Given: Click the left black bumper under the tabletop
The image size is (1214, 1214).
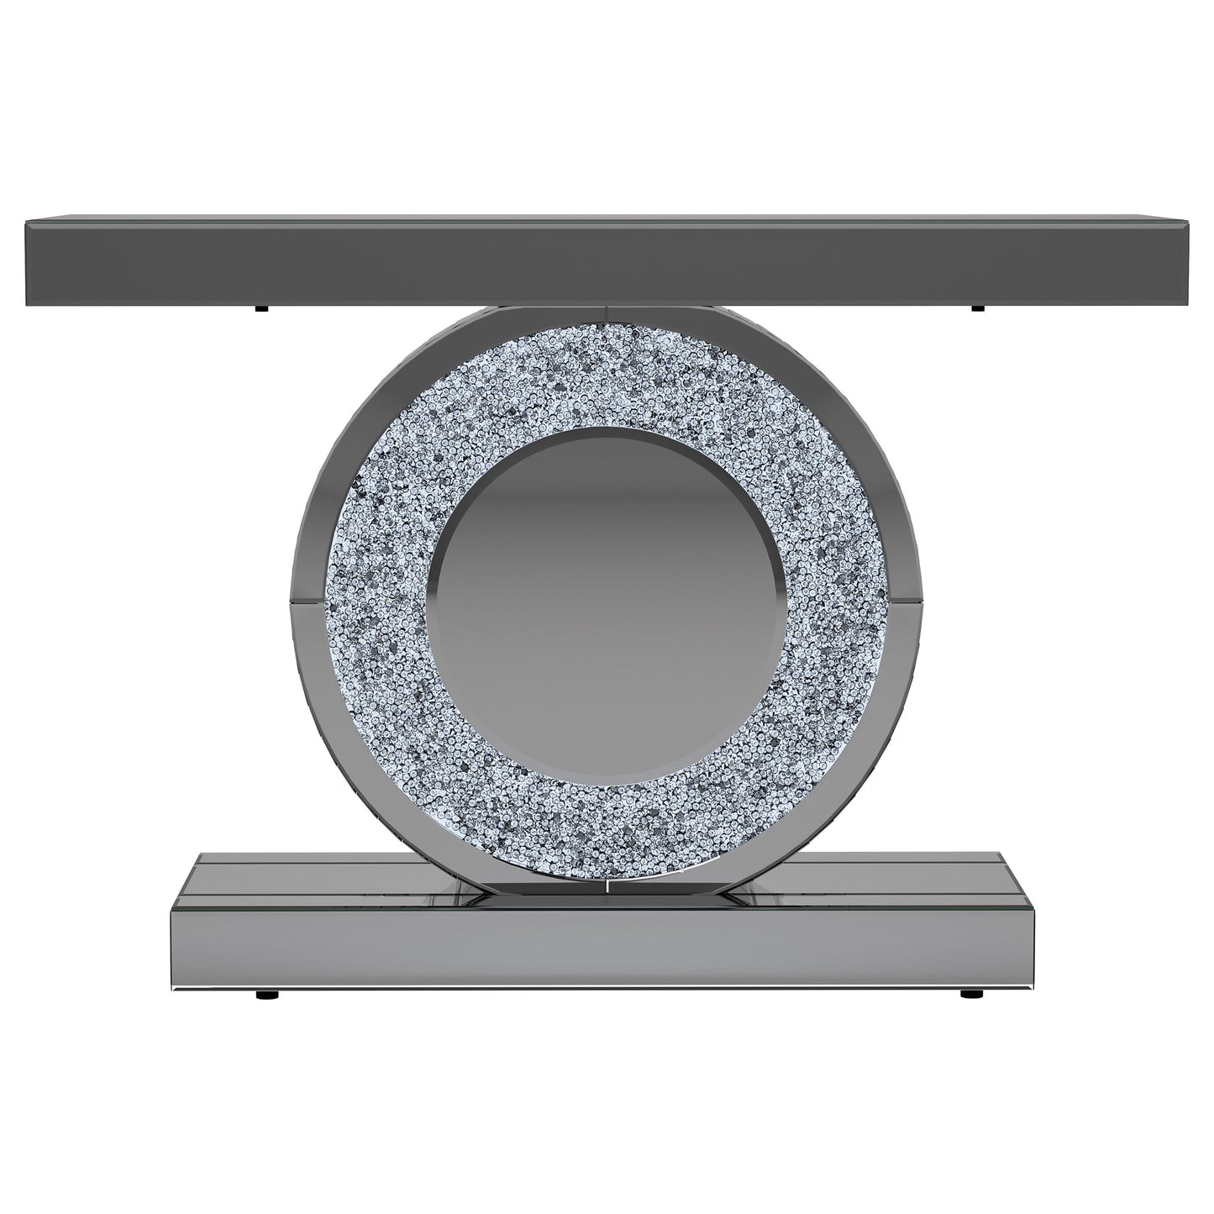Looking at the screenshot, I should tap(262, 309).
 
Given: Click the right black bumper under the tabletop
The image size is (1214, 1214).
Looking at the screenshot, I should tap(976, 309).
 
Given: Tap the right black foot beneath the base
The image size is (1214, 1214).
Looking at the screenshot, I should tap(970, 996).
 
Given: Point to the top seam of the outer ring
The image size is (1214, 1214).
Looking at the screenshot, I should tap(607, 314).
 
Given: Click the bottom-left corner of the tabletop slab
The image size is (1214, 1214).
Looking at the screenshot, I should tap(28, 301).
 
